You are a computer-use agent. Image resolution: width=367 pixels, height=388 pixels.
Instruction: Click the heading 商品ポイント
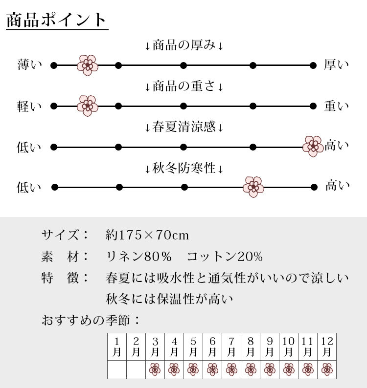pos(56,20)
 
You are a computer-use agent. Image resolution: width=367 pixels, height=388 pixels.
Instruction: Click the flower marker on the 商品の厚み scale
pos(88,65)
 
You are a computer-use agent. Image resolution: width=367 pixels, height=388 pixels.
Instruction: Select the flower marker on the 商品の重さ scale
pos(88,106)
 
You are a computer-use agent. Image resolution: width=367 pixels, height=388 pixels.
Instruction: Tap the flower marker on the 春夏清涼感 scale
pos(313,146)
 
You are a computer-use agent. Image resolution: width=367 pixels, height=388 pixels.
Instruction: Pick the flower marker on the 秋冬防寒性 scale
pos(253,187)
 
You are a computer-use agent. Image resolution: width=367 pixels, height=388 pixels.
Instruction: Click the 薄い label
pos(30,65)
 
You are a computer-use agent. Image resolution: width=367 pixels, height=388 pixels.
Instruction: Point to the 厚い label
pos(337,65)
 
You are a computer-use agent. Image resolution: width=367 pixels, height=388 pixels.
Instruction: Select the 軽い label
pos(29,107)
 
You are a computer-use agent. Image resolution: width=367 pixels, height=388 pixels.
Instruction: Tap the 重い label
pos(337,106)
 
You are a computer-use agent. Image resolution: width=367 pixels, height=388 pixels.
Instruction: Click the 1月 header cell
pos(117,346)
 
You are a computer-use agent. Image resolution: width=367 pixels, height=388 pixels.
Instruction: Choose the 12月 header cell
pos(327,346)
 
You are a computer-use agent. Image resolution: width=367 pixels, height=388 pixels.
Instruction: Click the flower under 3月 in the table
pos(155,370)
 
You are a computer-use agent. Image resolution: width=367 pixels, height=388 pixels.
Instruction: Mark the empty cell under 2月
pos(136,370)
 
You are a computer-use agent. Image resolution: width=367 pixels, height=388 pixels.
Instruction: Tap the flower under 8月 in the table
pos(251,370)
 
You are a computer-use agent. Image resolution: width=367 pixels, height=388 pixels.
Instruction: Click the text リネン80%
pos(139,257)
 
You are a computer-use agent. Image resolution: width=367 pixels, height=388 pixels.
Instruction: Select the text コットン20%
pos(225,257)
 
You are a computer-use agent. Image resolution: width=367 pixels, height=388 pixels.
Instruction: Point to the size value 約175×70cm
pos(147,235)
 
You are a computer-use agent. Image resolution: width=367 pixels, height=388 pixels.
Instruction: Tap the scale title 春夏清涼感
pos(184,127)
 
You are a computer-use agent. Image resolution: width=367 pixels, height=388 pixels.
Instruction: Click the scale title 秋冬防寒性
pos(184,168)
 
